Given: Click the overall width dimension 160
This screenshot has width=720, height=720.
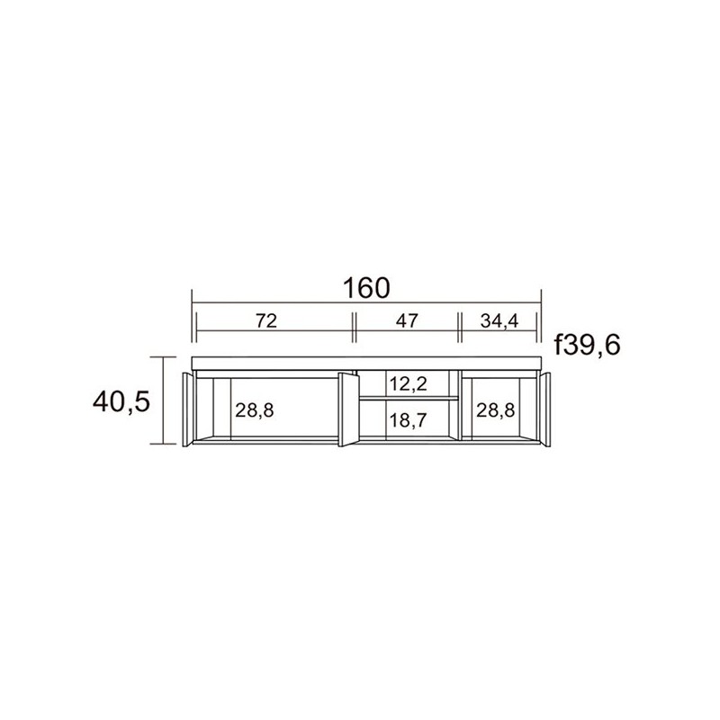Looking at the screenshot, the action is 366,288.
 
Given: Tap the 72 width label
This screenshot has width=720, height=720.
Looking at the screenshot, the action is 266,320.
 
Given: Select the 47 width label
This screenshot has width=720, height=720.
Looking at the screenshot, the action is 408,320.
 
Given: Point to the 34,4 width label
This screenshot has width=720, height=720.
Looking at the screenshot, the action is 499,321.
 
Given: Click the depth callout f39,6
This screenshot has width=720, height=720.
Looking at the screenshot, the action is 588,345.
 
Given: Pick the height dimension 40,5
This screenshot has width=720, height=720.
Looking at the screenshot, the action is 121,402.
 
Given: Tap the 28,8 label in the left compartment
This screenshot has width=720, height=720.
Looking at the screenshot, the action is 255,410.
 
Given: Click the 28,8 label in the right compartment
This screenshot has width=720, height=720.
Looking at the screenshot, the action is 496,410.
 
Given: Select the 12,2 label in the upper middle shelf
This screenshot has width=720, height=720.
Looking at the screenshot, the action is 409,383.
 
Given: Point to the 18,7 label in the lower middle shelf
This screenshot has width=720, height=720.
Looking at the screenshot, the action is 409,419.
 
